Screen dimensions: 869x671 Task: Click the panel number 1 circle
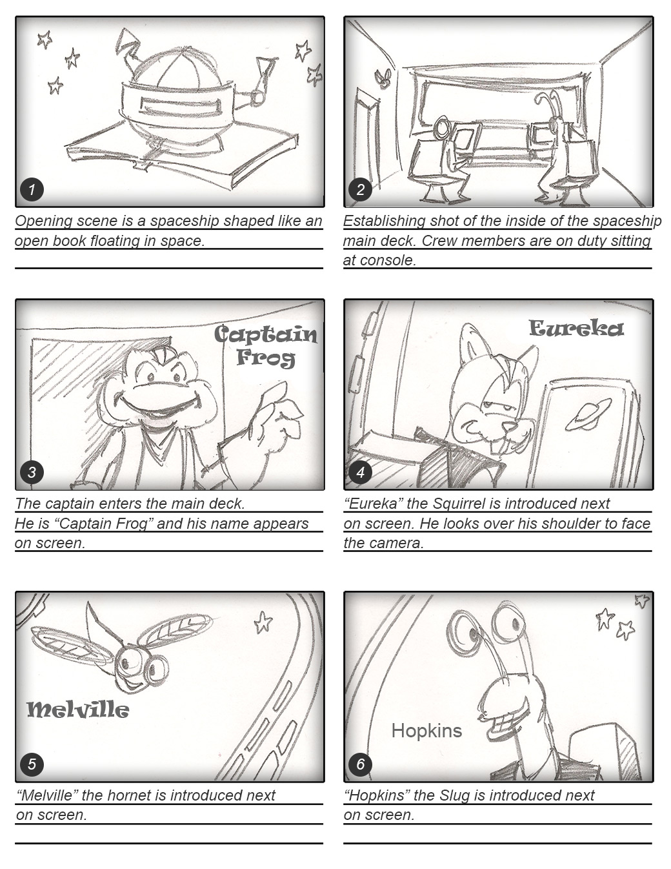(32, 190)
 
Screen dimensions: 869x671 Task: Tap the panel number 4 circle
(360, 472)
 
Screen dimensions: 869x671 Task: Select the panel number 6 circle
(360, 764)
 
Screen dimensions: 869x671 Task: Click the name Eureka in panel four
(576, 329)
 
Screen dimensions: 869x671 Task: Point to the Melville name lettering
(78, 710)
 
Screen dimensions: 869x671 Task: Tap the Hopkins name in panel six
(426, 731)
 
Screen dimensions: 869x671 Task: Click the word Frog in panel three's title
(266, 358)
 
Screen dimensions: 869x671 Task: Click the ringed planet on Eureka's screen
(588, 414)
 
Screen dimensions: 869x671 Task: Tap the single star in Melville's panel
(263, 622)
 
